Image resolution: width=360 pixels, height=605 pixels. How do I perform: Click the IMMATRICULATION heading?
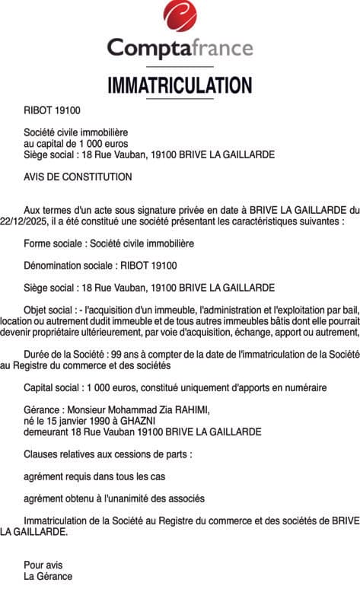[x=180, y=84]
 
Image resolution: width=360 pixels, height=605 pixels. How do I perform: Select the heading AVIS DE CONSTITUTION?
[x=78, y=177]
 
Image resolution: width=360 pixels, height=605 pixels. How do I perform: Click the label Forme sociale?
[x=53, y=244]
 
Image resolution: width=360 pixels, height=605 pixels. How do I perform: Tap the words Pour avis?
[x=43, y=565]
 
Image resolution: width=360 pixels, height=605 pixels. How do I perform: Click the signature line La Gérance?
[x=48, y=576]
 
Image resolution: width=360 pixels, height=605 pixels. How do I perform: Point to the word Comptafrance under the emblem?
[x=180, y=49]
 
